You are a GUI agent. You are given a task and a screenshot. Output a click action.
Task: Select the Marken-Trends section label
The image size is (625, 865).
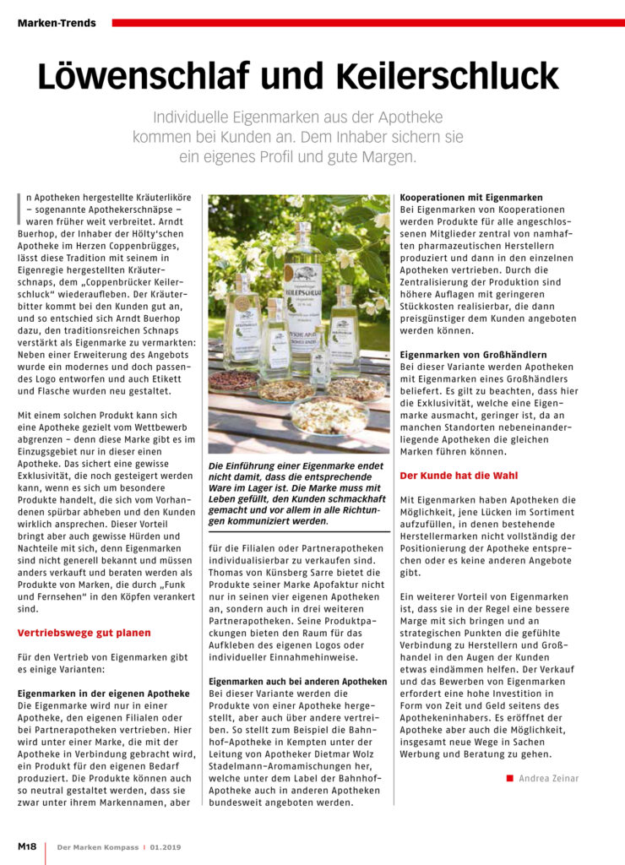[57, 23]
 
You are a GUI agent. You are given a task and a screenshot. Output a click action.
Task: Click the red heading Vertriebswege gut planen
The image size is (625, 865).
[84, 632]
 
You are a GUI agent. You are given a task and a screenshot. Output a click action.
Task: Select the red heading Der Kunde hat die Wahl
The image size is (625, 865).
[459, 476]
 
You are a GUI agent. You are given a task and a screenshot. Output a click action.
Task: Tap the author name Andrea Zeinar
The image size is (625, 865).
[549, 778]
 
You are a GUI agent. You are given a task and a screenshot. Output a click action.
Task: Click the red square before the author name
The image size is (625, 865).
[510, 778]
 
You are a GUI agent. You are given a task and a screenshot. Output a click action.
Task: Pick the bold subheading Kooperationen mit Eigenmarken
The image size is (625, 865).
[471, 198]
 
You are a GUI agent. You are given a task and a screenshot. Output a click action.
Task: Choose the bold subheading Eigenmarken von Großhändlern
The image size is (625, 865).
[473, 355]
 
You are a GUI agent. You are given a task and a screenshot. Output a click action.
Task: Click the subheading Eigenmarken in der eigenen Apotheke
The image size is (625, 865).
[104, 694]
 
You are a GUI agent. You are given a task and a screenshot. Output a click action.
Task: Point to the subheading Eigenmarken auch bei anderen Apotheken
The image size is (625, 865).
[298, 681]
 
